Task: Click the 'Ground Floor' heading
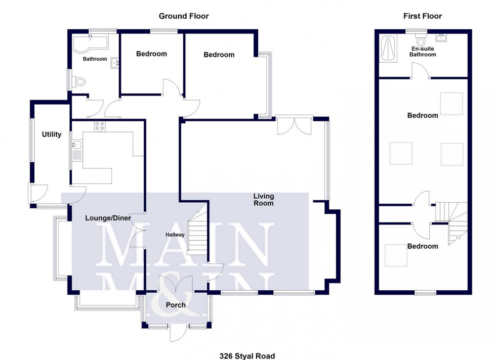click(184, 16)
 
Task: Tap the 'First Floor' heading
click(422, 16)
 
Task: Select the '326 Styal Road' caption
click(247, 356)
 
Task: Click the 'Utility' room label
click(52, 134)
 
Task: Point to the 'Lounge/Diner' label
click(101, 218)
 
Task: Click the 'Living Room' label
click(264, 200)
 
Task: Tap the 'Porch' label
click(176, 305)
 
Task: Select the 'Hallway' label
click(176, 235)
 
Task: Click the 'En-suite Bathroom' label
click(423, 52)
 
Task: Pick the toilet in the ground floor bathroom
click(78, 81)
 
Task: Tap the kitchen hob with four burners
click(99, 126)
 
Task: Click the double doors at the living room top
click(295, 125)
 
